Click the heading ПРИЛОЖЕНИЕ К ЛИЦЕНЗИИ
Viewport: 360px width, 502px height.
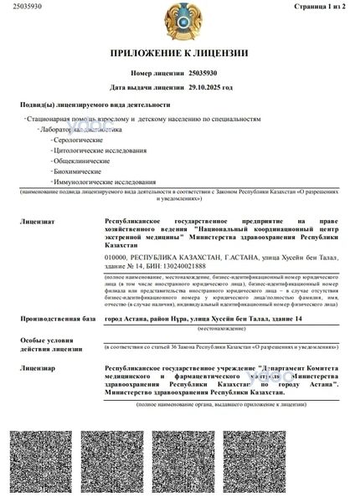pos(179,54)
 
